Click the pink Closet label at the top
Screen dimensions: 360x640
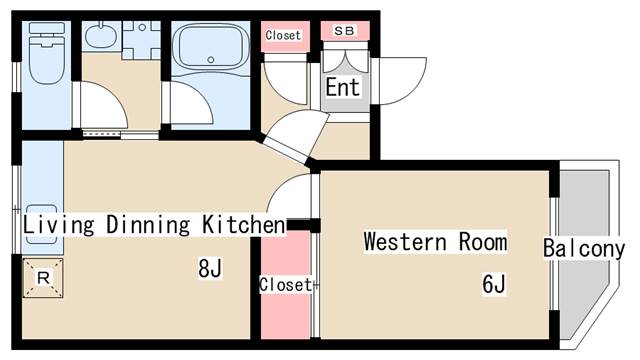point(283,35)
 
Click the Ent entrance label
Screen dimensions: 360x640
point(342,88)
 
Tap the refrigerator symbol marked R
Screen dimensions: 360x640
point(43,277)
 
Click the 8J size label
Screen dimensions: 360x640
point(209,268)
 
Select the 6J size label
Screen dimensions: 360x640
point(493,285)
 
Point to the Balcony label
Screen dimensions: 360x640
point(584,249)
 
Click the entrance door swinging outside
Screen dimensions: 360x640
point(400,80)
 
